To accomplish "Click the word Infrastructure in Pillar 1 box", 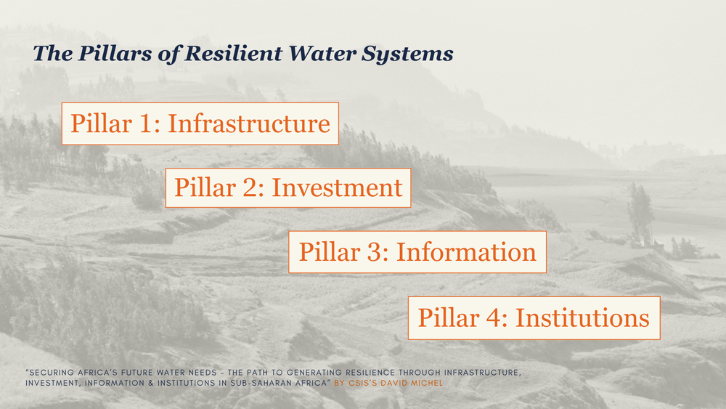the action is tap(248, 123).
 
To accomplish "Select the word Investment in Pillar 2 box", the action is tap(337, 187).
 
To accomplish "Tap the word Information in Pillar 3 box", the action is tap(466, 252).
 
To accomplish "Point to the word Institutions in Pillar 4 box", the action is tap(582, 317).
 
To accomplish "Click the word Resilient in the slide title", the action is tap(233, 53).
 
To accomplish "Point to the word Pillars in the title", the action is tap(115, 53).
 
